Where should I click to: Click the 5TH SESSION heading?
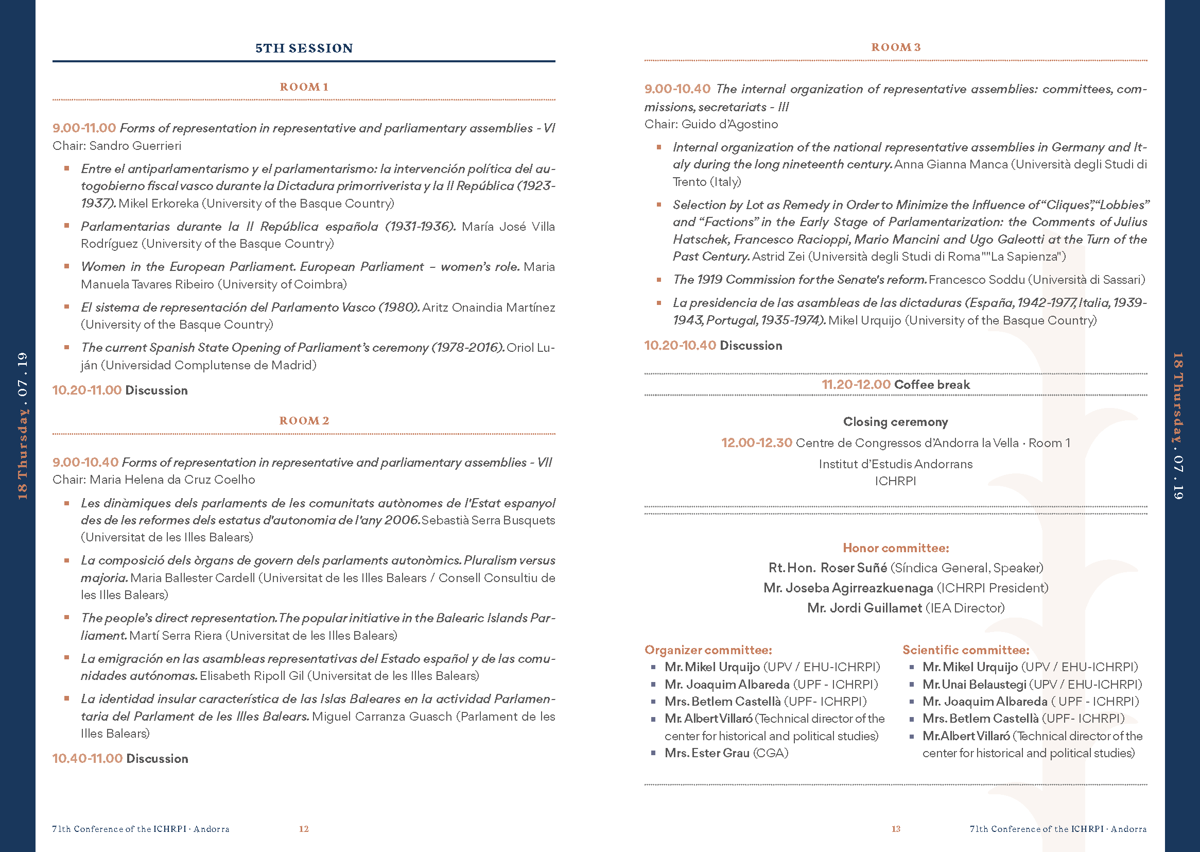coord(304,48)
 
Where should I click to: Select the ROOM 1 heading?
coord(304,87)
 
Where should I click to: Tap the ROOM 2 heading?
coord(304,421)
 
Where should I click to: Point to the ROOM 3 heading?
coord(895,47)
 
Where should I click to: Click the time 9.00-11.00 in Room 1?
coord(84,128)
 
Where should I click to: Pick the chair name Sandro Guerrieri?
coord(135,146)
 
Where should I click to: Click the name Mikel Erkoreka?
coord(159,203)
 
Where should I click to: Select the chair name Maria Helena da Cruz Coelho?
coord(172,480)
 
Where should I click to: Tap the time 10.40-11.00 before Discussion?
coord(87,759)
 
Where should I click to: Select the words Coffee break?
coord(932,385)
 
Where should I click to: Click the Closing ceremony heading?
coord(895,422)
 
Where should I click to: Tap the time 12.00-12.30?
coord(756,443)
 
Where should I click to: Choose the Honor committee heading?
coord(895,548)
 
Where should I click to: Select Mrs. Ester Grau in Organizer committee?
coord(707,754)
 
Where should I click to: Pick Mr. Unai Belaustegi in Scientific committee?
coord(974,685)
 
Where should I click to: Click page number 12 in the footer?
coord(304,829)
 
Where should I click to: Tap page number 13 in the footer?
coord(896,829)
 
